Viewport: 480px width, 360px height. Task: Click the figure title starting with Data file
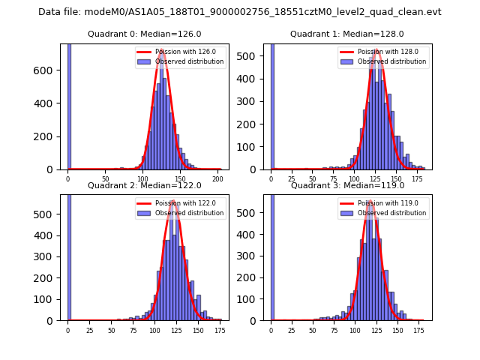click(240, 12)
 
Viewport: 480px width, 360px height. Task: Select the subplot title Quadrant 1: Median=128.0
click(347, 34)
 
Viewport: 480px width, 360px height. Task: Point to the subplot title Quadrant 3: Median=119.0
click(347, 185)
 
